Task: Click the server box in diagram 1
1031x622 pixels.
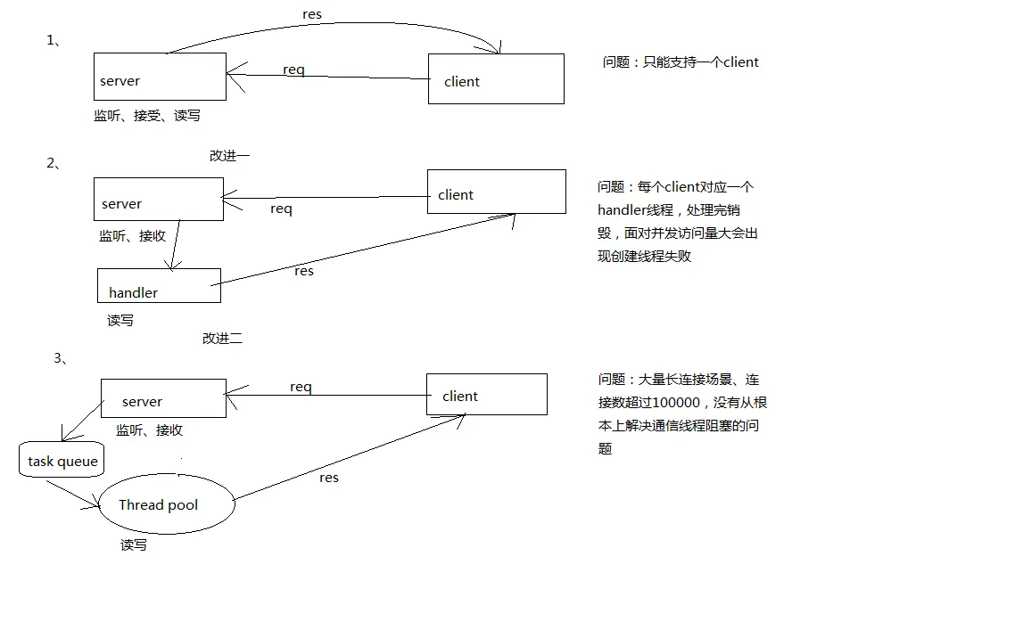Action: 160,77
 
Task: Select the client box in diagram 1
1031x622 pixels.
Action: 496,79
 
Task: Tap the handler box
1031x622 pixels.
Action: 159,285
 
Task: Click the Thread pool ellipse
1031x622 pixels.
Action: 167,504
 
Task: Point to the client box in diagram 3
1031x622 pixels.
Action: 486,395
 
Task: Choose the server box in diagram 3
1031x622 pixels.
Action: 163,398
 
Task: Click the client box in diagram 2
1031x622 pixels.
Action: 496,192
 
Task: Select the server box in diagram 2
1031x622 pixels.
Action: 159,199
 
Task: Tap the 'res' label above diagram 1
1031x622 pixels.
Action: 312,14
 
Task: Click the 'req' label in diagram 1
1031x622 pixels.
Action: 293,70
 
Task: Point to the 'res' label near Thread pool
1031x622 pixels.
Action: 329,478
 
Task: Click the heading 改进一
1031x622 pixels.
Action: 229,155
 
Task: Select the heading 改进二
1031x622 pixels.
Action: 222,338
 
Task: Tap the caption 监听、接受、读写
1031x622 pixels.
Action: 147,116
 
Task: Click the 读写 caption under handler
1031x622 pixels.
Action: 120,320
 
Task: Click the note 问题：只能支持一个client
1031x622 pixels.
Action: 680,62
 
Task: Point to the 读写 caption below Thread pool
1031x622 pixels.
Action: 134,544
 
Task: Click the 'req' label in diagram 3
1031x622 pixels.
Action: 301,387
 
